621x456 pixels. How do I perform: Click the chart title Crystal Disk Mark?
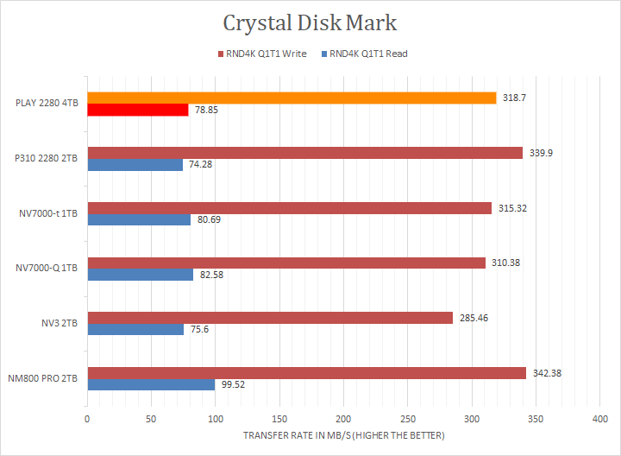tap(310, 22)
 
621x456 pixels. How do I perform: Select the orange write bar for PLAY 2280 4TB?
tap(292, 98)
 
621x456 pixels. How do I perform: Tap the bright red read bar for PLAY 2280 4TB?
tap(138, 110)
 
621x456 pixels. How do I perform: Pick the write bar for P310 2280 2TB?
tap(304, 153)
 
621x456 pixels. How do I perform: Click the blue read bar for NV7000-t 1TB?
tap(139, 219)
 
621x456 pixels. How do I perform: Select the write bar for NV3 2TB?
tap(270, 318)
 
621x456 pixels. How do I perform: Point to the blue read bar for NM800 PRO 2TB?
tap(151, 384)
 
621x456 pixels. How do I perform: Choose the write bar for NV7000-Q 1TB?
tap(286, 263)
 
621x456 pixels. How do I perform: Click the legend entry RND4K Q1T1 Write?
tap(263, 54)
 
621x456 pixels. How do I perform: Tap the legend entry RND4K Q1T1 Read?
tap(368, 54)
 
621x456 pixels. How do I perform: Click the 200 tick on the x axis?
tap(343, 419)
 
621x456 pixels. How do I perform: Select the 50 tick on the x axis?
tap(151, 419)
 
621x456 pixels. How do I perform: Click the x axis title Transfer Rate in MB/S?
tap(343, 435)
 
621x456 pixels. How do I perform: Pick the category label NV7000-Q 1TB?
tap(47, 269)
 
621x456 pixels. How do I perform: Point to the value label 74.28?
tap(202, 165)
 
